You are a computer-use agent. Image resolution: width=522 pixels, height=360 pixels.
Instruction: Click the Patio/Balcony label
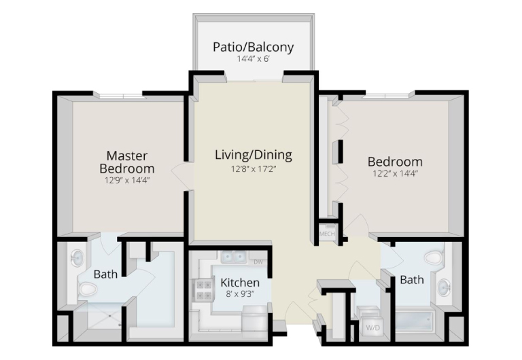point(254,48)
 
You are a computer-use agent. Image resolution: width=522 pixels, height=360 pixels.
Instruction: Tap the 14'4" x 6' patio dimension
point(254,59)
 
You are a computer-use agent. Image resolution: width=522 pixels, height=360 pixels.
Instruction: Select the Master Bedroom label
point(127,162)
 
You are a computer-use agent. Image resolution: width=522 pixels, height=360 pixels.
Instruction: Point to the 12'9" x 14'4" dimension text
point(127,180)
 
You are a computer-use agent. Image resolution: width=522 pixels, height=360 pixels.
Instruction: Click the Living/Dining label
point(254,155)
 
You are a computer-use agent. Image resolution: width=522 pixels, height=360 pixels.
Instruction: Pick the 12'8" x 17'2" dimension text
point(254,169)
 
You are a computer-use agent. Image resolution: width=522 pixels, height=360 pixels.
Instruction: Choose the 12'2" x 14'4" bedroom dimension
point(395,173)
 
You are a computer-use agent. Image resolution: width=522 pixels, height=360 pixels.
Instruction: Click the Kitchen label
point(240,283)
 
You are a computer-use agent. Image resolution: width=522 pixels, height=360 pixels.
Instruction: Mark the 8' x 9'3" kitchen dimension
point(240,294)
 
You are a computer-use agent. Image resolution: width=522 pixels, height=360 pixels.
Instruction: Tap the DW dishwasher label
point(258,262)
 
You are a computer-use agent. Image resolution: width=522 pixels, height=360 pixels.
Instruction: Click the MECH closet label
point(327,234)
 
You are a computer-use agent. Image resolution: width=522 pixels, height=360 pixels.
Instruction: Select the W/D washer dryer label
point(373,327)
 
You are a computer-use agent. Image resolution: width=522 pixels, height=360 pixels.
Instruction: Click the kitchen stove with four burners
point(203,290)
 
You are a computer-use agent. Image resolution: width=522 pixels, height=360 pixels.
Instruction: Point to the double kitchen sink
point(234,257)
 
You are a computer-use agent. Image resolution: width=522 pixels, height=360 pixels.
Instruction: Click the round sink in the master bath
point(77,258)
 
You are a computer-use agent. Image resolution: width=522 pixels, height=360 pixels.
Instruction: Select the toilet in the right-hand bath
point(434,257)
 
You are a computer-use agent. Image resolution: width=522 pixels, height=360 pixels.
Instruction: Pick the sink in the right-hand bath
point(444,287)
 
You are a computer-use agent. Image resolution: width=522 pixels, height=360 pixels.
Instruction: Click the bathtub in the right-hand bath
point(415,322)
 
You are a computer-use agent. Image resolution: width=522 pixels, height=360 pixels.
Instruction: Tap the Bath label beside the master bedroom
point(105,274)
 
